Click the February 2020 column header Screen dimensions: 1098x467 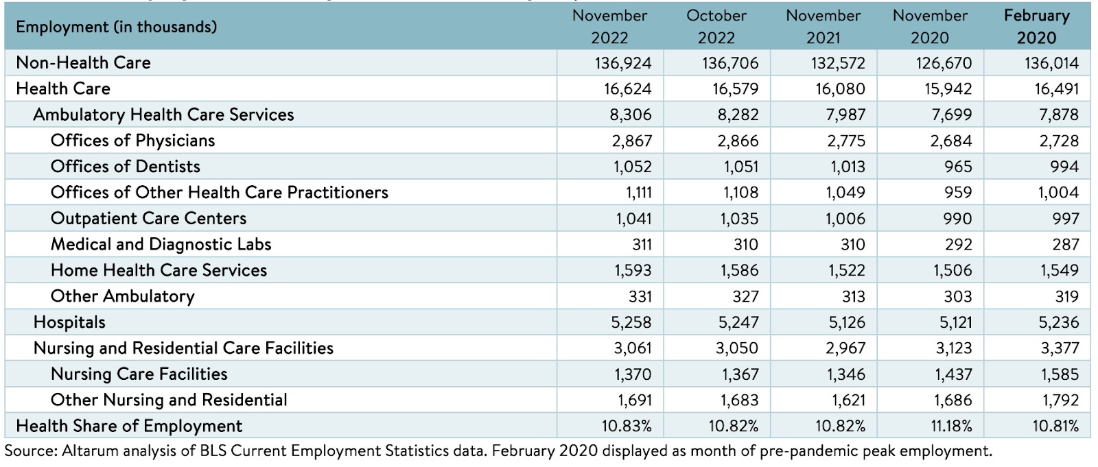pos(1036,27)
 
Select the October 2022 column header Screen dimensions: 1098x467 pos(716,27)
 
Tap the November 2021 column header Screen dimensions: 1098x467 pos(823,27)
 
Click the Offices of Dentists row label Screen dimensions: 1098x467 pos(125,167)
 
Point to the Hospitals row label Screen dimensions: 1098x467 pos(69,322)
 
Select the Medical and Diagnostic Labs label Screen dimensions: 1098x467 pos(161,245)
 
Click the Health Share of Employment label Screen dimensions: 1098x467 pos(129,427)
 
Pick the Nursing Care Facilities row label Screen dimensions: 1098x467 pos(139,374)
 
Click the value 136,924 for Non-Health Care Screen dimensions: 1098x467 pos(623,62)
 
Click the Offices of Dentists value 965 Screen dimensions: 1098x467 pos(958,167)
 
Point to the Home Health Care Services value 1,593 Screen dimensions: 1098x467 pos(633,270)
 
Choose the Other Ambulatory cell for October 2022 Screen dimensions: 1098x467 pos(745,296)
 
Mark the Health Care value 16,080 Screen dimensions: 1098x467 pos(840,88)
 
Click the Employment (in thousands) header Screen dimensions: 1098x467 pos(116,27)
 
